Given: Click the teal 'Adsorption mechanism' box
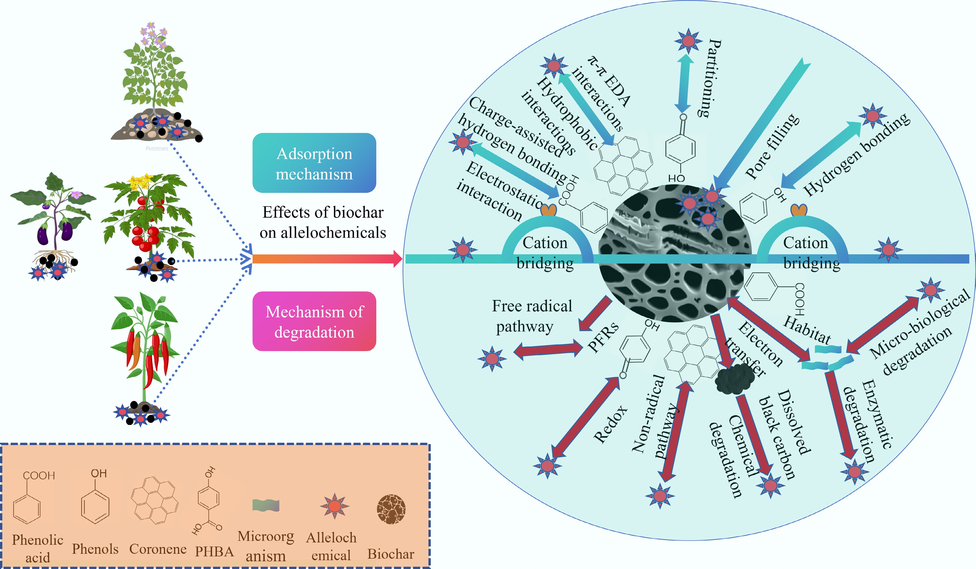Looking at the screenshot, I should click(314, 163).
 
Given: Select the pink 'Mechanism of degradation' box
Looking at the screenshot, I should click(314, 321).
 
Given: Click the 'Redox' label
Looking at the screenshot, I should click(611, 424).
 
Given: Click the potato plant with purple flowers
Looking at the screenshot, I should click(155, 77).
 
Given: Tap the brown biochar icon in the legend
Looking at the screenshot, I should click(391, 509).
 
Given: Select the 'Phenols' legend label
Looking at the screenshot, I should click(95, 549).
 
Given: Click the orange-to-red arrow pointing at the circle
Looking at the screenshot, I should click(325, 259).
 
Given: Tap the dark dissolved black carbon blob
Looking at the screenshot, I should click(734, 380).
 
